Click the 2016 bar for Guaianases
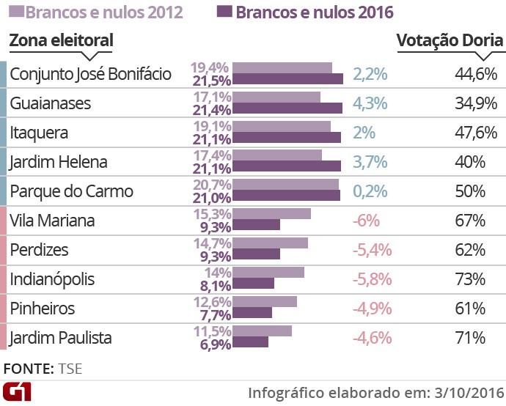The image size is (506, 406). (x=287, y=108)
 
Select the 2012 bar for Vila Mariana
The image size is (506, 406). (x=271, y=214)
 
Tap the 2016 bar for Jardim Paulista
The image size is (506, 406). (x=250, y=342)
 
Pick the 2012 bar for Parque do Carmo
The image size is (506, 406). (x=285, y=185)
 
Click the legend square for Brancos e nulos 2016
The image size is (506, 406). (x=224, y=12)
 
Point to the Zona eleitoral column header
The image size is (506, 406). (x=61, y=40)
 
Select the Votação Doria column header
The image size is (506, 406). (x=450, y=40)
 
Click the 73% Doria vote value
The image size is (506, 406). (x=470, y=279)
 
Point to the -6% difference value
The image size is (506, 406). (x=367, y=221)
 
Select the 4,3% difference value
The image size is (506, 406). (x=370, y=103)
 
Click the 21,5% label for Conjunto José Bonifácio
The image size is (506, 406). (x=211, y=80)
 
